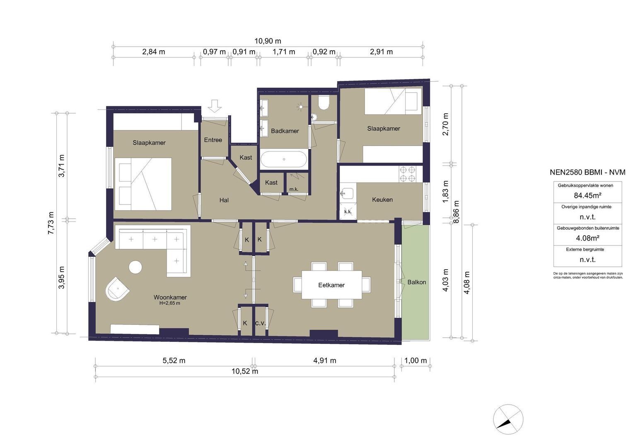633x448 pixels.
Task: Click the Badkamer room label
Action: [x=285, y=131]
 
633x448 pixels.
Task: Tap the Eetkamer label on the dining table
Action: [x=331, y=285]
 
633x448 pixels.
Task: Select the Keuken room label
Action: [x=382, y=200]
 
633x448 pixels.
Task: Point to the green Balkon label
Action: [x=416, y=282]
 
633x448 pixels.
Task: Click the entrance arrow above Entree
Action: [x=215, y=106]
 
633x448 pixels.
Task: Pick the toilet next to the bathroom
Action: [x=324, y=102]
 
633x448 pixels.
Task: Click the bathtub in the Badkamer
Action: [x=284, y=160]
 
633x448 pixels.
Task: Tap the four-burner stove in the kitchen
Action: [x=408, y=174]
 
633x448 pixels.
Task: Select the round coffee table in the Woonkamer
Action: [x=135, y=267]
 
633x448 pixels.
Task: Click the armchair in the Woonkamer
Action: [x=117, y=289]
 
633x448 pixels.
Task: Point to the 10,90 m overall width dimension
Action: [x=268, y=41]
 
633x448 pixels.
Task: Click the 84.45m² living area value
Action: [x=587, y=195]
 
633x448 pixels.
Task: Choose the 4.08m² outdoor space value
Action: [x=588, y=238]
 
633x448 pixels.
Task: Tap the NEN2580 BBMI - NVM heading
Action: [x=587, y=172]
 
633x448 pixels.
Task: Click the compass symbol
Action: [x=508, y=419]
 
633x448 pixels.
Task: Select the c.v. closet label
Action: [x=260, y=323]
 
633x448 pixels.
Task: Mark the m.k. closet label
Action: [x=294, y=189]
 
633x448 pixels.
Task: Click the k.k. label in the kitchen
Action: [x=348, y=212]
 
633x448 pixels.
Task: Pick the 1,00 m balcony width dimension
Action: [x=416, y=360]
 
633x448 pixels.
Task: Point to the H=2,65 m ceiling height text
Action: [x=169, y=303]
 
